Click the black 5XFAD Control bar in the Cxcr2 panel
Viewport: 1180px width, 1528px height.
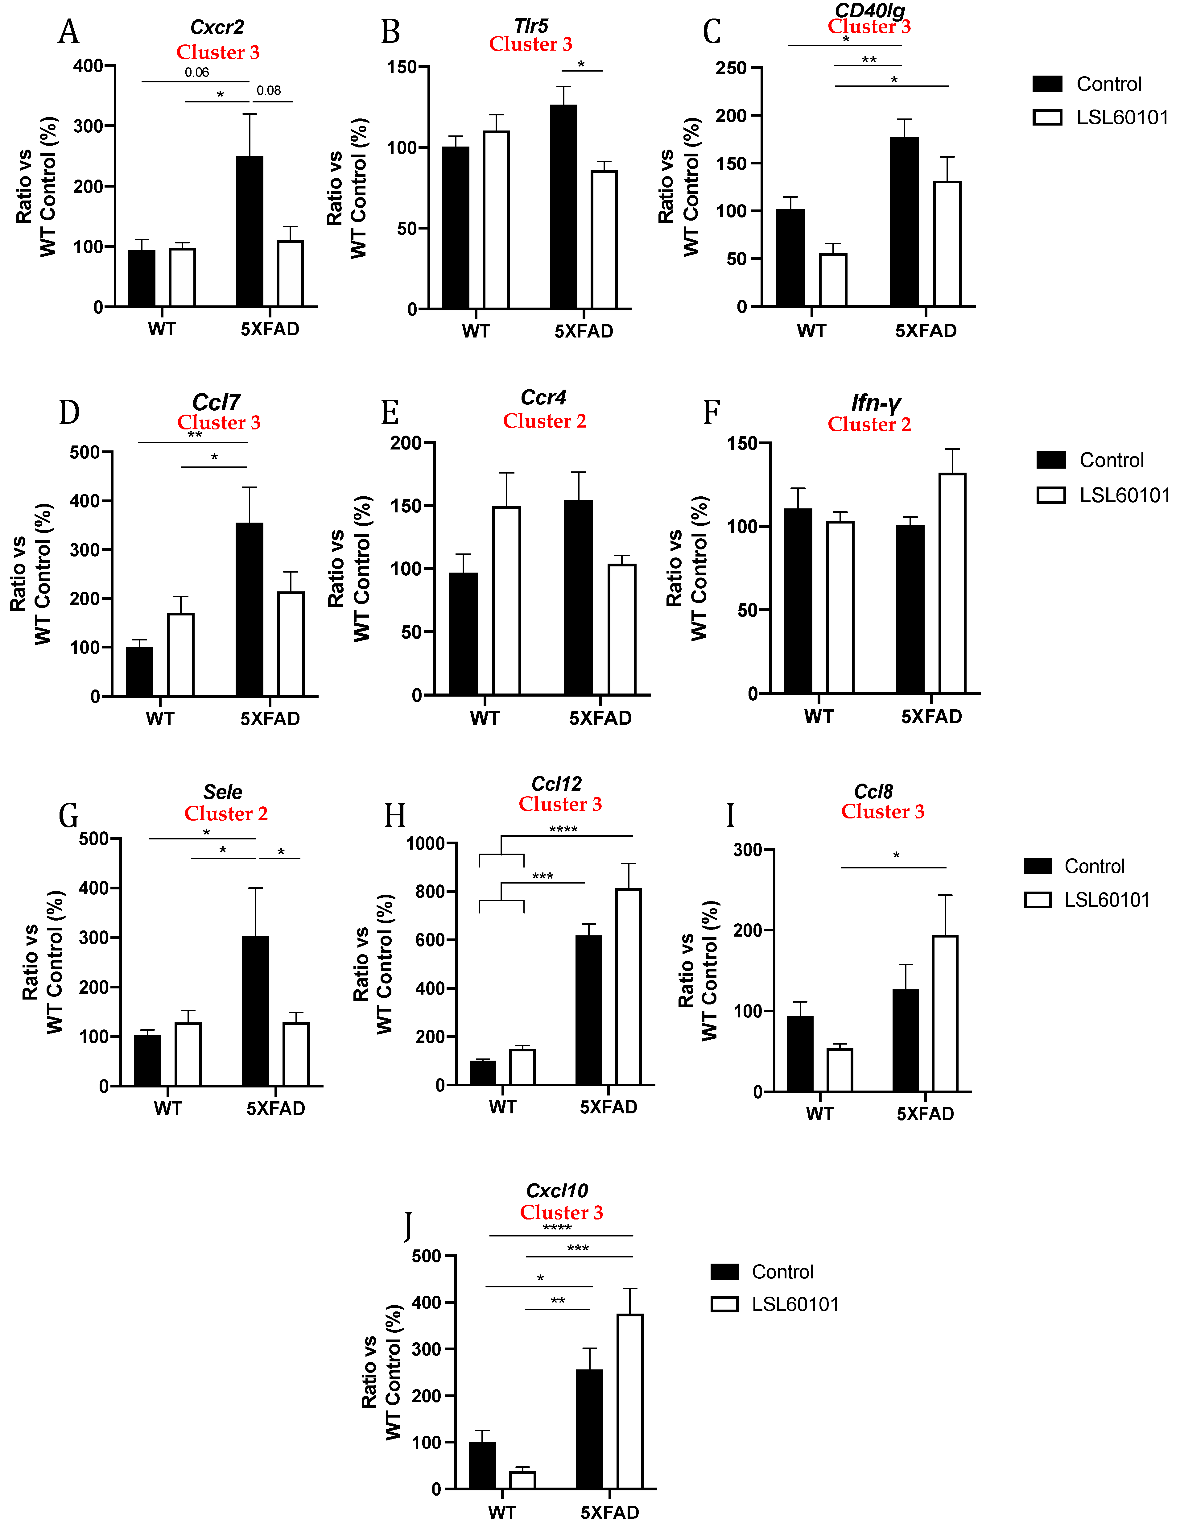click(x=250, y=231)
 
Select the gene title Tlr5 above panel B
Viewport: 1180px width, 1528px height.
click(x=531, y=26)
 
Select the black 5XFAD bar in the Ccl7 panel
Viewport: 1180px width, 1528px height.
click(x=250, y=609)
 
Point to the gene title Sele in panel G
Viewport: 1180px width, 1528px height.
click(x=222, y=792)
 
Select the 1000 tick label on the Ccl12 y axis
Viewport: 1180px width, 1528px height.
click(x=426, y=844)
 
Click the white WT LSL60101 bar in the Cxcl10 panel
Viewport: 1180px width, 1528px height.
click(x=522, y=1480)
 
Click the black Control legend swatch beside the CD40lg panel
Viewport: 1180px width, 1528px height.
click(x=1047, y=84)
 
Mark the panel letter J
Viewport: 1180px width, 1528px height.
click(x=408, y=1226)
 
